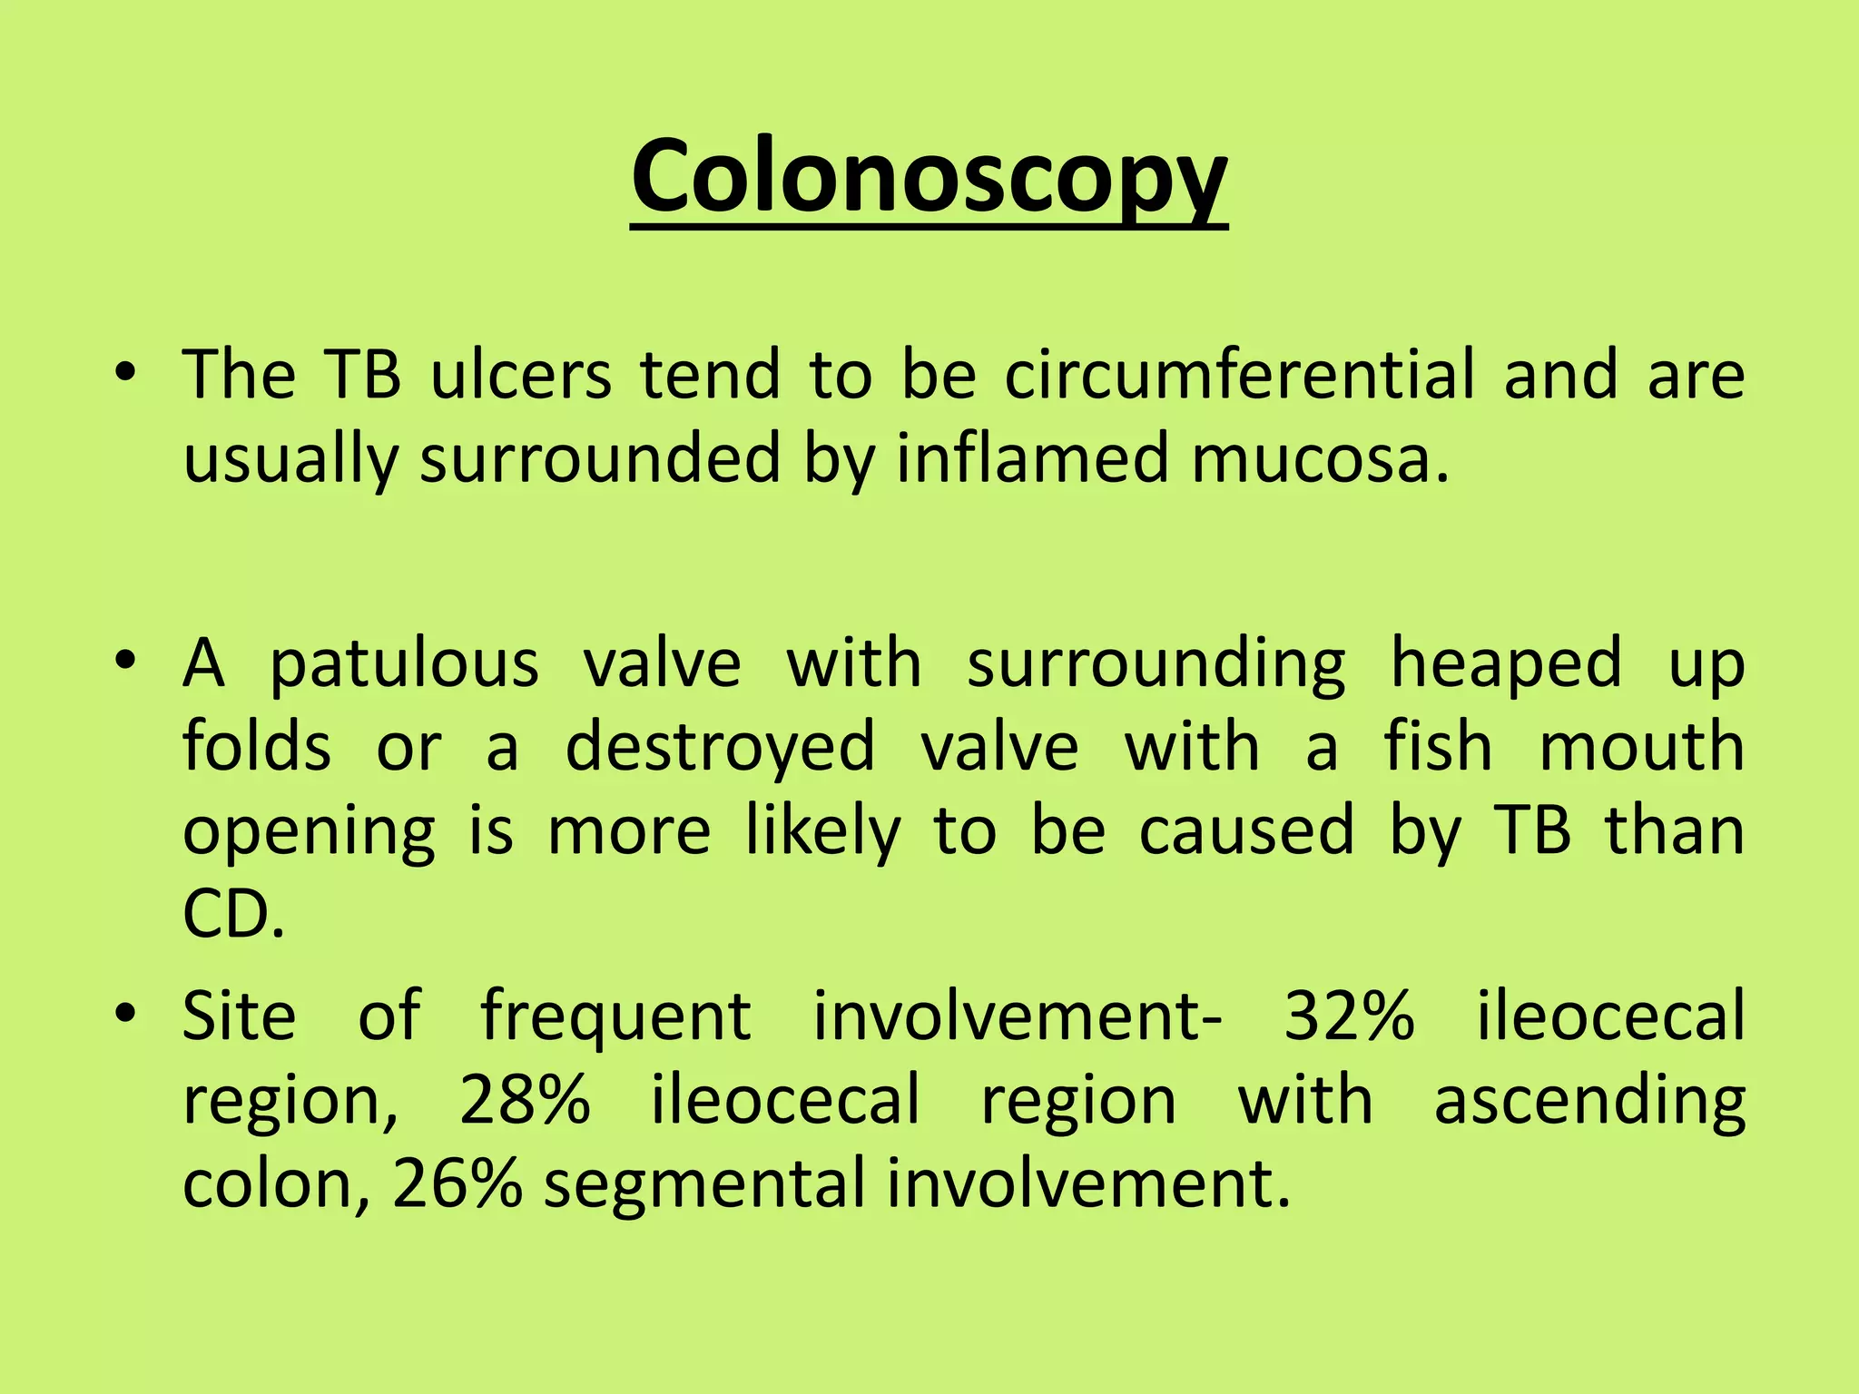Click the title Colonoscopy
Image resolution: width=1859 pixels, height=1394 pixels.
[x=929, y=178]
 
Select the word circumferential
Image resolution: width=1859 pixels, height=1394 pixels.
[x=1240, y=375]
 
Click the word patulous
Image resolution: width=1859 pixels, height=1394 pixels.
[x=405, y=665]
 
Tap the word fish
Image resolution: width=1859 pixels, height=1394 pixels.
[x=1438, y=747]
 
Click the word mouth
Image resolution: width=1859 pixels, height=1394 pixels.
[x=1642, y=747]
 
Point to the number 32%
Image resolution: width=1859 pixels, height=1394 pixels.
[x=1350, y=1016]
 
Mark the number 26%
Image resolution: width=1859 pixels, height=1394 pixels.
[x=457, y=1184]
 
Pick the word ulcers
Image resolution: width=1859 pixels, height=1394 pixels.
[x=521, y=375]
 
